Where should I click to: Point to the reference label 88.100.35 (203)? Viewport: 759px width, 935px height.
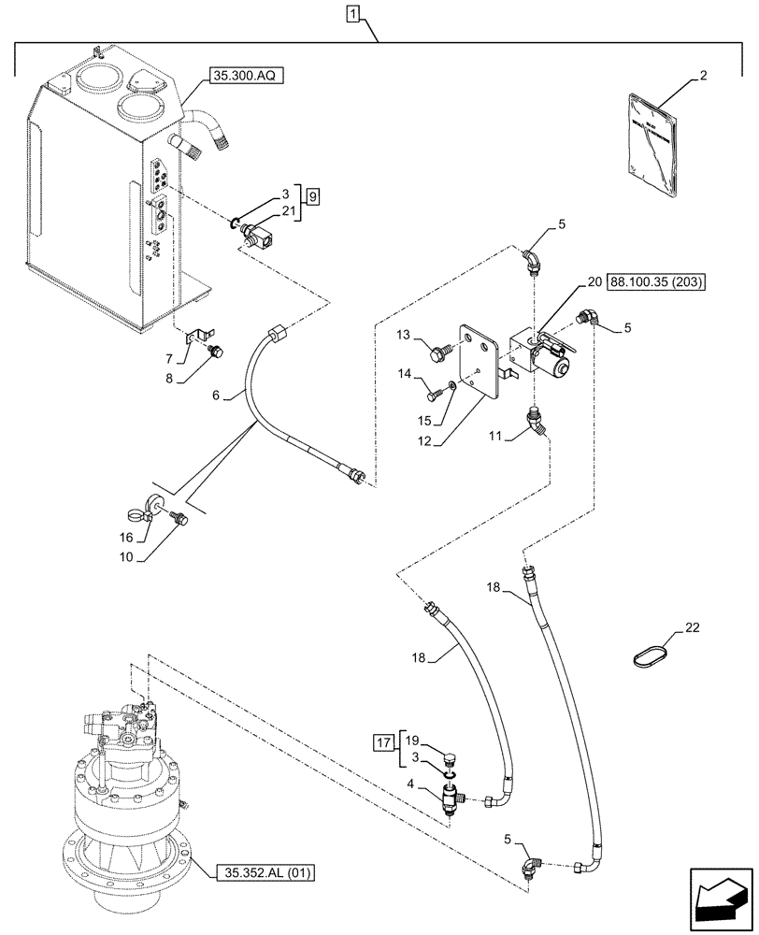[x=658, y=281]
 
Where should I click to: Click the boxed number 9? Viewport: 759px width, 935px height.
[x=313, y=196]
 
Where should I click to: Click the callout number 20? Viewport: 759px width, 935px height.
[x=594, y=281]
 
